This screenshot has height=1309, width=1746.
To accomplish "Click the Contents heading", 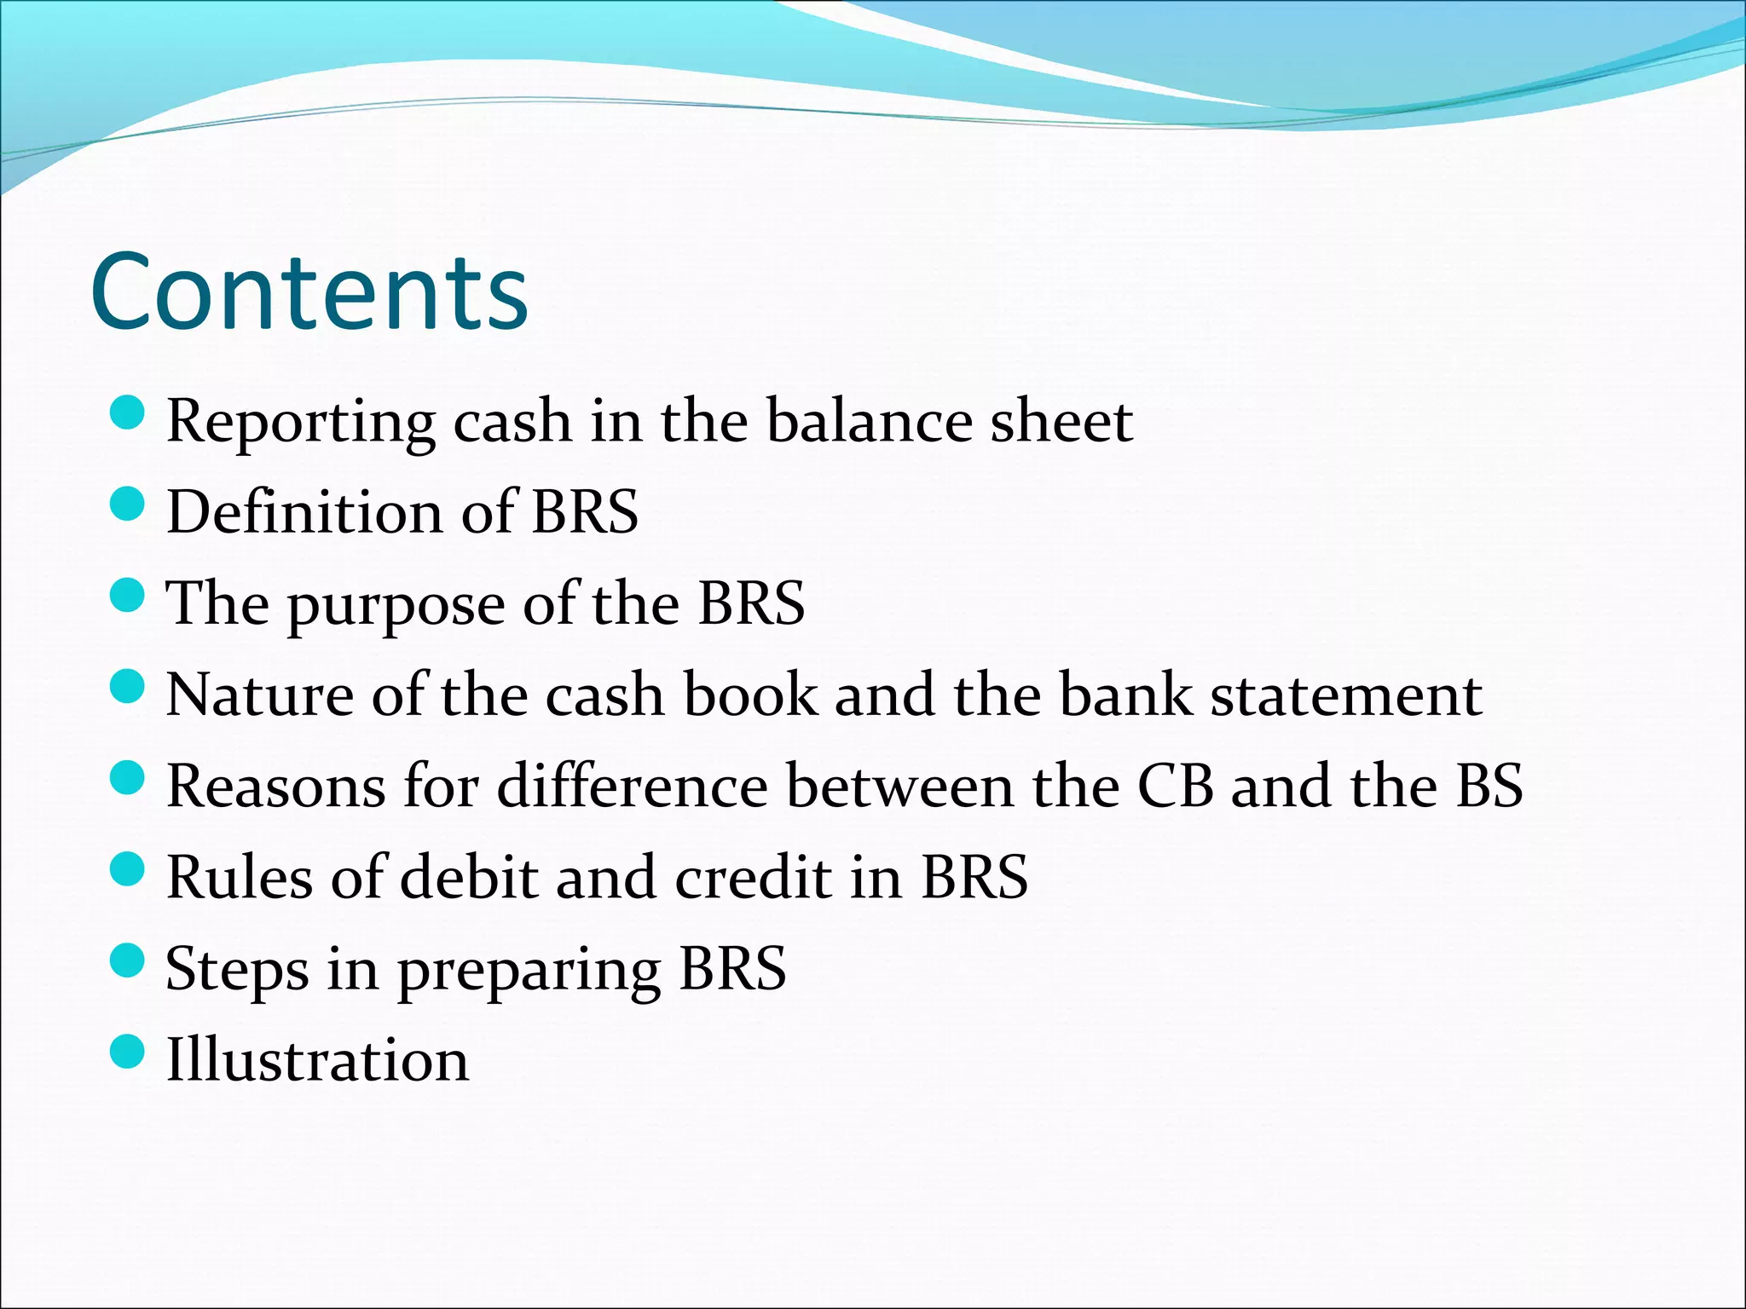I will click(309, 291).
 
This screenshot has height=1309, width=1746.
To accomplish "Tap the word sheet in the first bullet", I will click(1061, 421).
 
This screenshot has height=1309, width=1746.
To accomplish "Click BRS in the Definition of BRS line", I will click(585, 512).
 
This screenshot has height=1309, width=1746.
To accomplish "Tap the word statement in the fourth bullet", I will click(1346, 695).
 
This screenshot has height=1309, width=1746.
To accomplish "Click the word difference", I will click(632, 786).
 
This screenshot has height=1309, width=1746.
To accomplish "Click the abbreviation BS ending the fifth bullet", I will click(1489, 786).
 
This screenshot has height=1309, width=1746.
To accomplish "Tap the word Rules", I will click(239, 878).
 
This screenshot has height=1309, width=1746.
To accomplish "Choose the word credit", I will click(753, 878).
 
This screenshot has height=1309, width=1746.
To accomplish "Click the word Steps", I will click(236, 970).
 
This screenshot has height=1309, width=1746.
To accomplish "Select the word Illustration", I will click(317, 1060).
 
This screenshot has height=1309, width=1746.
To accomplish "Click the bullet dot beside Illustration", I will click(128, 1052).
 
